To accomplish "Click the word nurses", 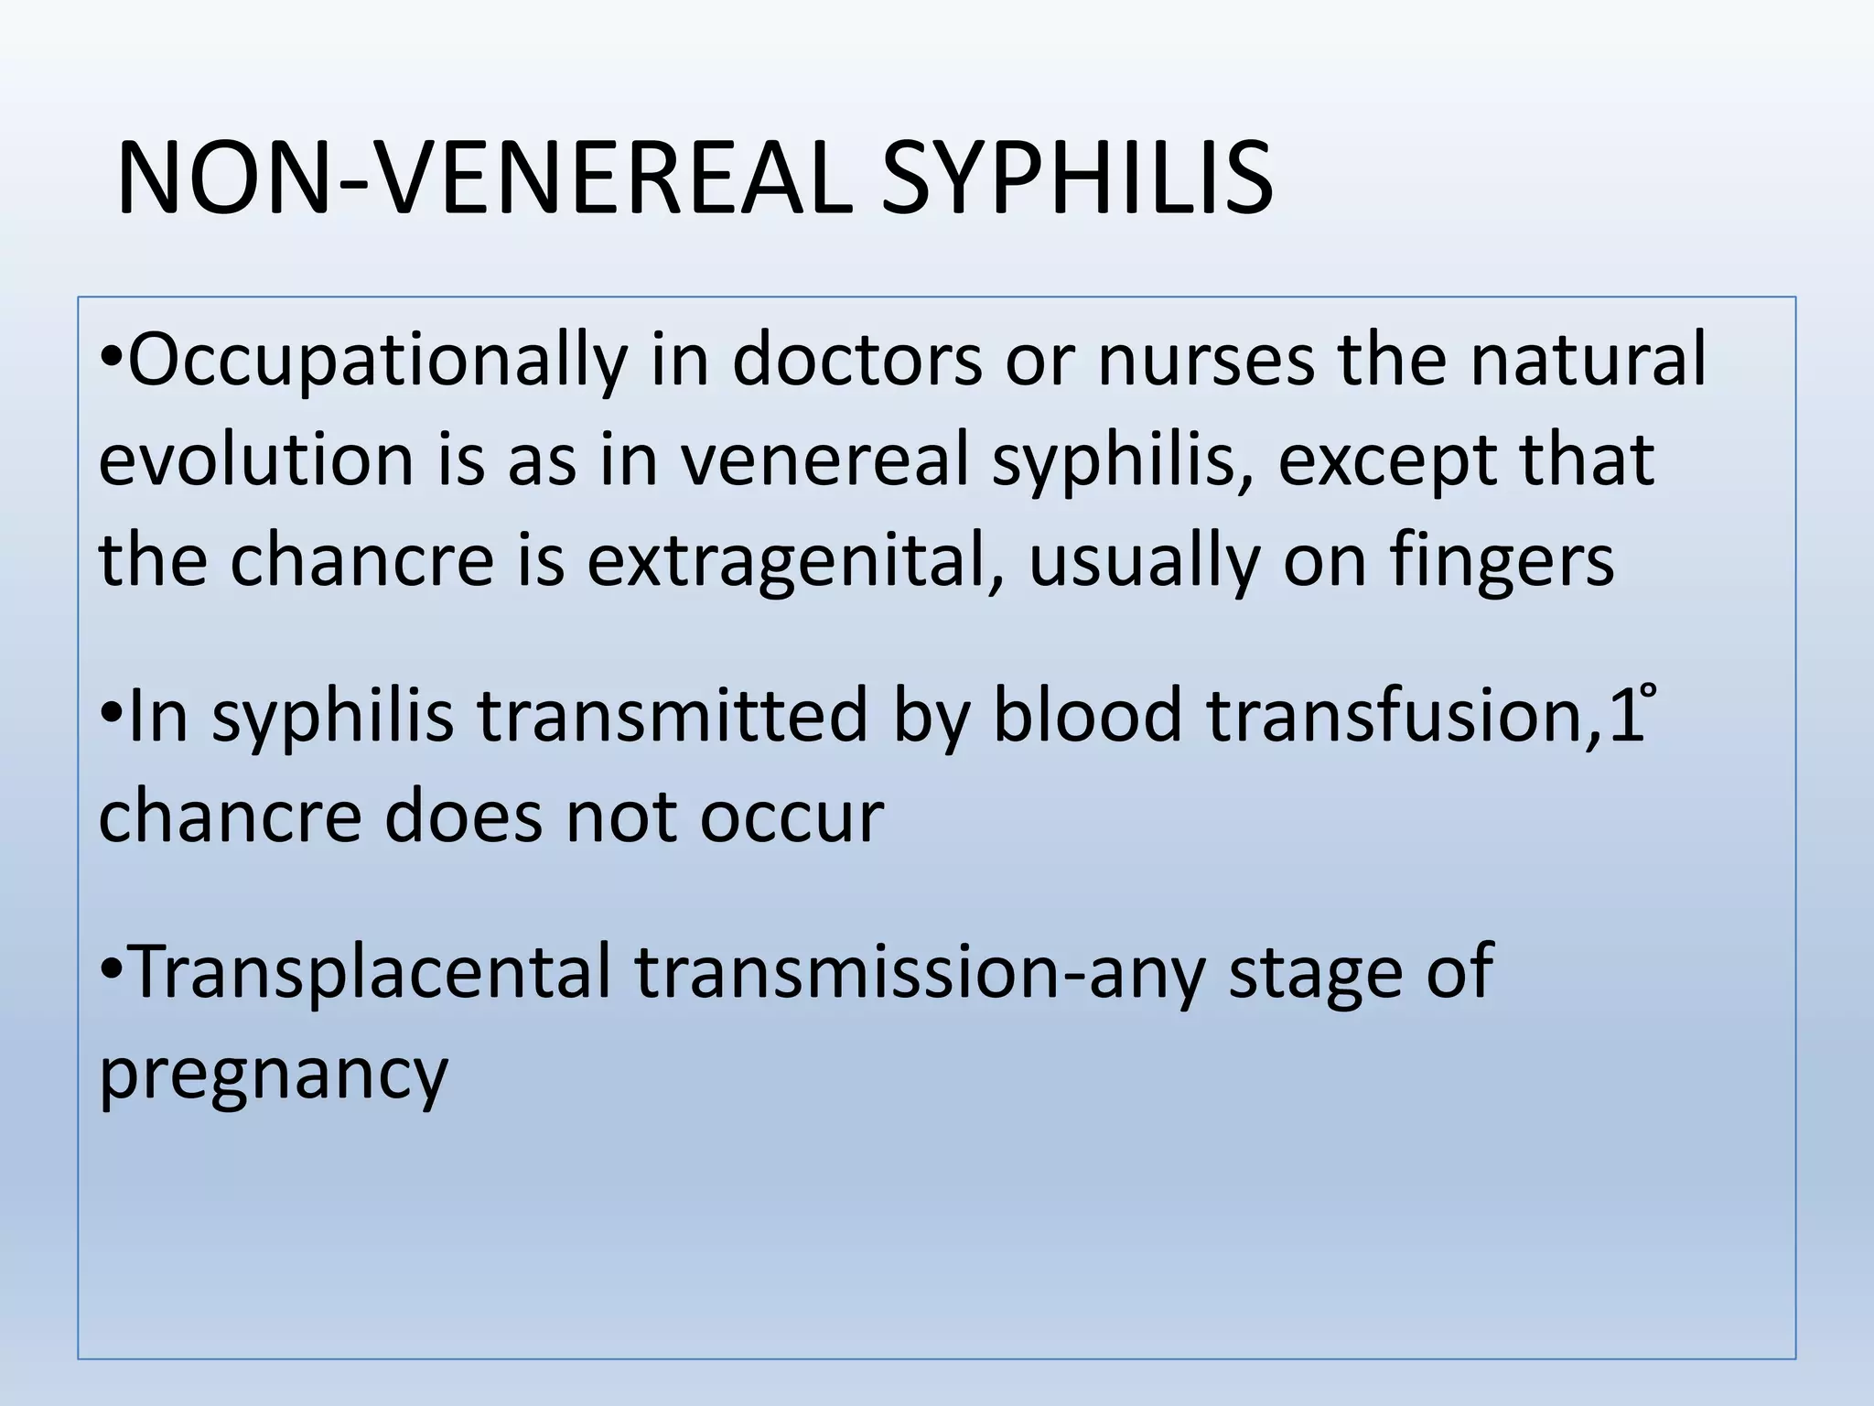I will click(1205, 359).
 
